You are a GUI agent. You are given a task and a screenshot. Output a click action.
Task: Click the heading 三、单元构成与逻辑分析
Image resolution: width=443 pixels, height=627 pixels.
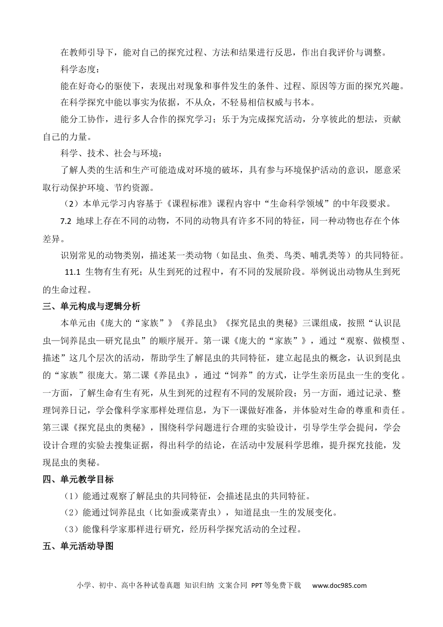[91, 307]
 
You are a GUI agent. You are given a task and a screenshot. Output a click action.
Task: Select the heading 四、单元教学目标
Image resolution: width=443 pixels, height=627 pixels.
[78, 479]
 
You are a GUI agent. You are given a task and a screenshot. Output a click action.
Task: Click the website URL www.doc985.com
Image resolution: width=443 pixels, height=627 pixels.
[339, 585]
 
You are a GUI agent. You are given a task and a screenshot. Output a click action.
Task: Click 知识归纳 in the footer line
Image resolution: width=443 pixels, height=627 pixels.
[199, 585]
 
